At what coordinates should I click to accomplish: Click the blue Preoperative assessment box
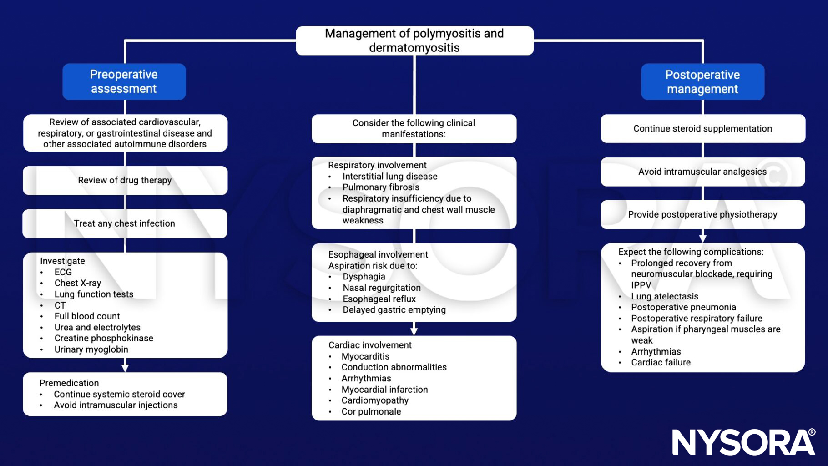pos(124,81)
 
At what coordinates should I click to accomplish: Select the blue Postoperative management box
pos(702,82)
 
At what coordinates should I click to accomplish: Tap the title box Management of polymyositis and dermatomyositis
pos(414,41)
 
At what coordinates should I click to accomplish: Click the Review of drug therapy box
pos(125,180)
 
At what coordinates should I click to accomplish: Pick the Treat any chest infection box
pos(125,223)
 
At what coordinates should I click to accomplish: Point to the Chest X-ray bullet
pos(78,283)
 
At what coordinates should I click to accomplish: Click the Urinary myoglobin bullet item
pos(91,349)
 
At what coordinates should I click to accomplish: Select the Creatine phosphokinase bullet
pos(104,338)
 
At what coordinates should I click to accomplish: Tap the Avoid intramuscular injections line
pos(116,405)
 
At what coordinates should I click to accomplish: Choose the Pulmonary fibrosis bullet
pos(381,187)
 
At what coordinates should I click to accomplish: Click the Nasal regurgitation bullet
pos(382,288)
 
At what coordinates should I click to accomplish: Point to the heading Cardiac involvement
pos(370,345)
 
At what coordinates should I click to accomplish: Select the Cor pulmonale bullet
pos(371,411)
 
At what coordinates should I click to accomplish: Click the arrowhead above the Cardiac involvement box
pos(414,330)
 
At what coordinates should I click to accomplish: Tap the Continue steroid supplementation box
pos(702,128)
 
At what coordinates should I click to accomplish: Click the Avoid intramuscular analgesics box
pos(702,172)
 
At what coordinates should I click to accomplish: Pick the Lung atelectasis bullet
pos(664,296)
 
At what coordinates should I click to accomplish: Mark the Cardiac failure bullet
pos(661,362)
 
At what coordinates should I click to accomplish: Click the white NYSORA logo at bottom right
pos(743,442)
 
